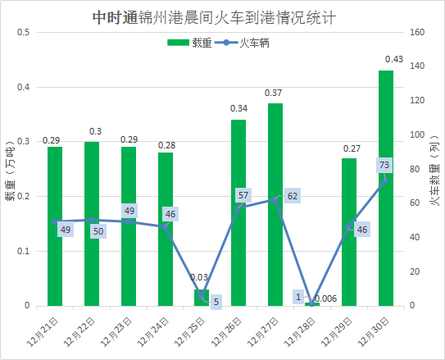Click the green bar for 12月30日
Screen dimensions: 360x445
(385, 189)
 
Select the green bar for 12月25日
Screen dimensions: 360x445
(202, 298)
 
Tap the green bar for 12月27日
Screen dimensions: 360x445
(275, 205)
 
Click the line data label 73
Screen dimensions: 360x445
(384, 166)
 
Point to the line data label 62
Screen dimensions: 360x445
(293, 196)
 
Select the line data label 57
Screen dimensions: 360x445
(243, 196)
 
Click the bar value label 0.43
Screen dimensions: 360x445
(393, 59)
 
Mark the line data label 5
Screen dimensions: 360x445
(216, 302)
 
